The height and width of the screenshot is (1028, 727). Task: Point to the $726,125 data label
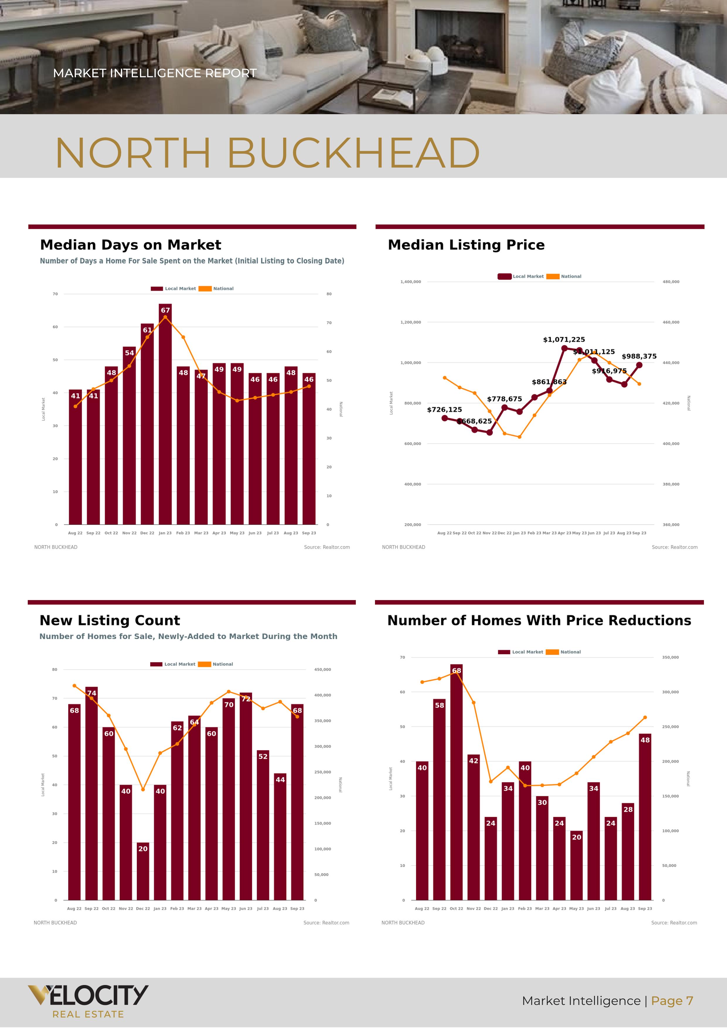tap(444, 410)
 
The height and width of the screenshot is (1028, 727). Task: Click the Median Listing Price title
tap(466, 245)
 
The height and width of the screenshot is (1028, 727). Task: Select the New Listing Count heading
tap(110, 620)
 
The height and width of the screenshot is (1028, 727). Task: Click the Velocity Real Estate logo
tap(88, 1001)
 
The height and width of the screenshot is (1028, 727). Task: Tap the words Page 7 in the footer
tap(672, 1001)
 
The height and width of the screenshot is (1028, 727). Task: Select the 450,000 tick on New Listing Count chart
tap(323, 670)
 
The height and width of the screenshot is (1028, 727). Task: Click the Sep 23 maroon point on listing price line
tap(639, 365)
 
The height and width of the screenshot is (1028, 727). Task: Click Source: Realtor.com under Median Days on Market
tap(326, 547)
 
